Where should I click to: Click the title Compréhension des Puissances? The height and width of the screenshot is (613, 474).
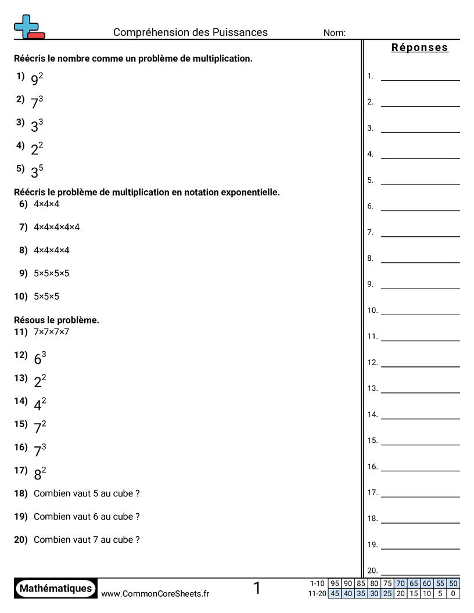click(191, 33)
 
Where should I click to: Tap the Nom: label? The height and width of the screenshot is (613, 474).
click(334, 33)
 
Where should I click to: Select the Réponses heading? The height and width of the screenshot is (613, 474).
click(419, 48)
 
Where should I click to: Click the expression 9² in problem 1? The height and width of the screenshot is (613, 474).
click(37, 79)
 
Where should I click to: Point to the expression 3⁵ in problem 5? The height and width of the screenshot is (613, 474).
click(37, 172)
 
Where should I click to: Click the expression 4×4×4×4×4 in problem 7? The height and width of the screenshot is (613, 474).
click(56, 227)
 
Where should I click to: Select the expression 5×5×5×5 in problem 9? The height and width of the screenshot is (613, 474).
click(51, 273)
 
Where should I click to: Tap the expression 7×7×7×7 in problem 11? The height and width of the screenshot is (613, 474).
click(51, 332)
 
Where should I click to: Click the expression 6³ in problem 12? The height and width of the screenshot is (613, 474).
click(40, 358)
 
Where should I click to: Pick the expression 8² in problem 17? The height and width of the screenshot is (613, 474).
click(40, 474)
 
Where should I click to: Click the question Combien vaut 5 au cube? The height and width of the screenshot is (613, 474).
click(87, 493)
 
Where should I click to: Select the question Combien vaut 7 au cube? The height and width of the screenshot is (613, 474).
click(87, 540)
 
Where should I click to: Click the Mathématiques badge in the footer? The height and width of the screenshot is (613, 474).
click(56, 589)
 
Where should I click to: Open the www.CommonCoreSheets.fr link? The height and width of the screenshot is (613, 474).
click(155, 593)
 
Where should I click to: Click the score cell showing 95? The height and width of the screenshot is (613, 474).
click(335, 583)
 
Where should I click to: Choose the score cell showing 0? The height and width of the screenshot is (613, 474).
click(453, 593)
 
